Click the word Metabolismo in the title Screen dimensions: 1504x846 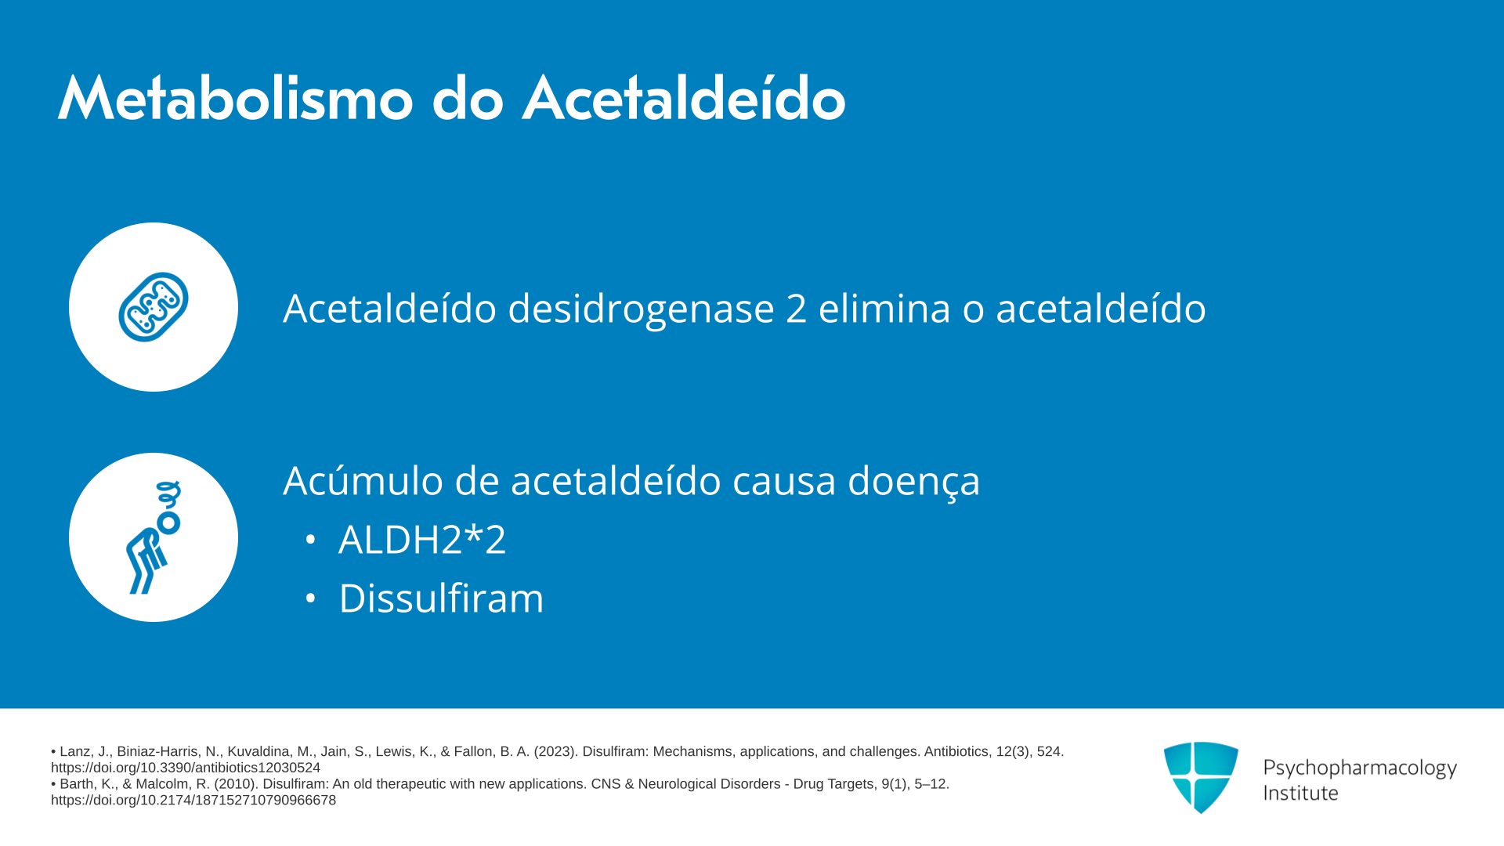235,99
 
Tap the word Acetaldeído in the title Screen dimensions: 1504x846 684,99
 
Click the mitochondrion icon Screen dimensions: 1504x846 154,307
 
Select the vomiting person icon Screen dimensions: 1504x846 154,537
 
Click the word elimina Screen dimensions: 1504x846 885,308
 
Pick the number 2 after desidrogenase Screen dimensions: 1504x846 797,309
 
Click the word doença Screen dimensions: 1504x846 914,481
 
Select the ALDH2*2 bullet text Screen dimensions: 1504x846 422,540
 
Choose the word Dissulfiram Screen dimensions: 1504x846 441,598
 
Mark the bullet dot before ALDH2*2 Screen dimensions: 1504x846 311,540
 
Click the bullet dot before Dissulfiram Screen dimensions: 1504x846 311,598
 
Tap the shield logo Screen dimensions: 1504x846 1201,777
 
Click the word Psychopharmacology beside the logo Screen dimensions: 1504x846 1360,768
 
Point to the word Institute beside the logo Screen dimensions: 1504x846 1301,794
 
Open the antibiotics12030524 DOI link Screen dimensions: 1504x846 186,768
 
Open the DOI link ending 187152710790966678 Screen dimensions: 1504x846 193,801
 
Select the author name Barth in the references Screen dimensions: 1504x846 77,784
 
